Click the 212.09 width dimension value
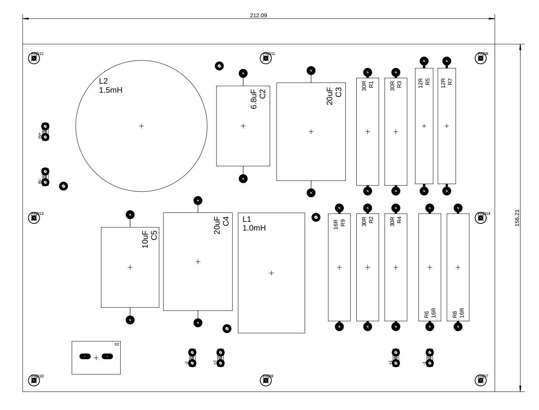(258, 15)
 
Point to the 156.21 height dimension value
(517, 218)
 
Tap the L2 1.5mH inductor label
(110, 86)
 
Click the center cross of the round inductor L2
(141, 126)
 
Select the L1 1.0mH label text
(254, 223)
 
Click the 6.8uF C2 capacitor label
(258, 99)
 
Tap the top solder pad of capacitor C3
(311, 70)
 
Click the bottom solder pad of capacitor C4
(198, 322)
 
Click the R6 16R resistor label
(430, 313)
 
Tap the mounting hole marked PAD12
(34, 59)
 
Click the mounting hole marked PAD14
(481, 218)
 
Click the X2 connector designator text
(117, 344)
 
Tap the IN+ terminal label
(40, 136)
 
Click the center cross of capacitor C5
(130, 267)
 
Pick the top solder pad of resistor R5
(424, 61)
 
